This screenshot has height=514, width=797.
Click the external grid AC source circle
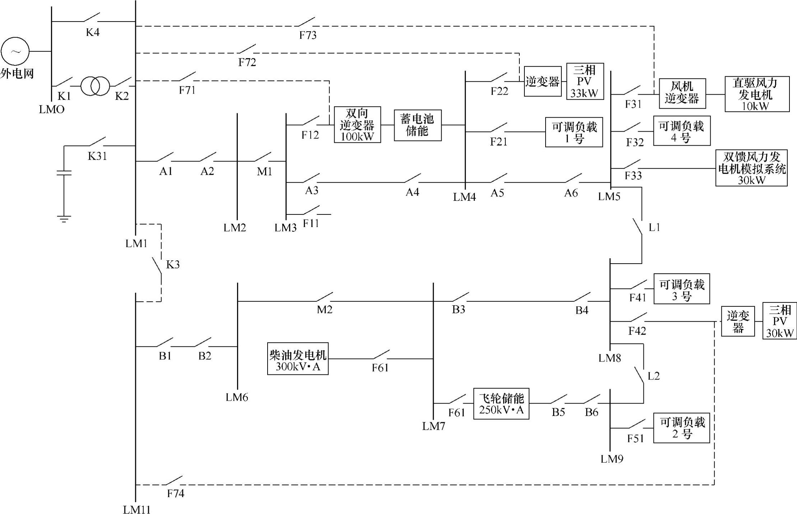coord(15,51)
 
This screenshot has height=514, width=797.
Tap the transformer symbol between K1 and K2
coord(95,86)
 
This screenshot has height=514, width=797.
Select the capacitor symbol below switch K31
coord(64,173)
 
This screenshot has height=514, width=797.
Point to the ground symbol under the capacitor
coord(64,218)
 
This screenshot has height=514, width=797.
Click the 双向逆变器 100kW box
coord(357,124)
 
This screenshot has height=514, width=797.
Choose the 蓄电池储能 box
coord(418,125)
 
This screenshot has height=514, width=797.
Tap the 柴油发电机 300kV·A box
coord(298,359)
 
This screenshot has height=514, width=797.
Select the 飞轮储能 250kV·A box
coord(501,404)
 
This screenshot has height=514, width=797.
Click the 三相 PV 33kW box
coord(585,81)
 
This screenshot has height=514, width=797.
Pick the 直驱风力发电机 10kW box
coord(757,94)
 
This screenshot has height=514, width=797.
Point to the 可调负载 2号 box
coord(682,428)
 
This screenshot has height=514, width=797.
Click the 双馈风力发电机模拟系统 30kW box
coord(751,168)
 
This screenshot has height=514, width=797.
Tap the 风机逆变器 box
coord(682,93)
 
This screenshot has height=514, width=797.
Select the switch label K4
coord(93,32)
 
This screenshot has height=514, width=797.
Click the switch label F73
coord(308,35)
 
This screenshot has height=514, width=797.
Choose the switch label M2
coord(325,309)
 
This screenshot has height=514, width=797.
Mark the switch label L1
coord(654,227)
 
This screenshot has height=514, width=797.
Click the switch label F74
coord(176,494)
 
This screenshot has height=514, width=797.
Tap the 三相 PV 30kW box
coord(779,321)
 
